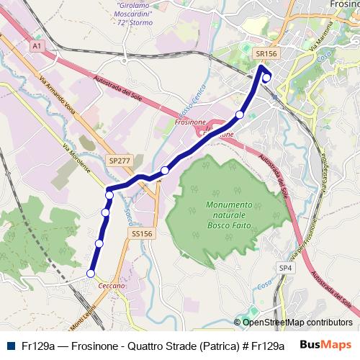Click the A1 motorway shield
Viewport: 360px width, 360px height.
(x=37, y=45)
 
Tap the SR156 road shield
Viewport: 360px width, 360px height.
(x=266, y=53)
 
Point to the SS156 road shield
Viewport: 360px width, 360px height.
(x=142, y=234)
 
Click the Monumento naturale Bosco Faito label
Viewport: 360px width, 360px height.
(x=229, y=210)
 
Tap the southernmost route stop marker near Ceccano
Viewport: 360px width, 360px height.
(x=91, y=274)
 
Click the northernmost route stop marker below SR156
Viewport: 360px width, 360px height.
(x=266, y=78)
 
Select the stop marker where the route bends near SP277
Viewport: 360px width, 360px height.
(x=109, y=195)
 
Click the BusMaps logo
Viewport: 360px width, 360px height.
(x=325, y=344)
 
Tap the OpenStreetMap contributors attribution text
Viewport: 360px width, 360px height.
(x=297, y=323)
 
